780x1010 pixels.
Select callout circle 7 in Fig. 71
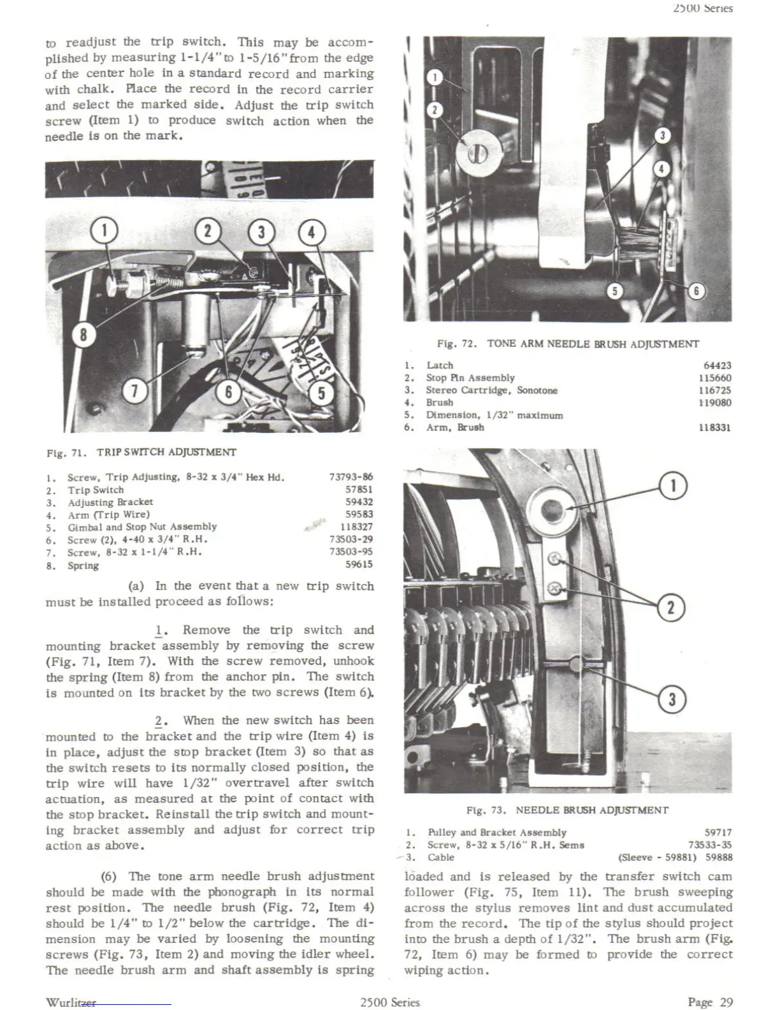[x=134, y=392]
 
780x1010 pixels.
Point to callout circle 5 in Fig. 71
[x=321, y=393]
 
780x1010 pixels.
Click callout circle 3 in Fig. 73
[x=671, y=700]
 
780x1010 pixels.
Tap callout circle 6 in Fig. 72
[x=696, y=291]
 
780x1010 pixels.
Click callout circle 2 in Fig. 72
[x=434, y=110]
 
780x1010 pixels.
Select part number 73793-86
[x=350, y=477]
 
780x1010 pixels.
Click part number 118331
[x=714, y=428]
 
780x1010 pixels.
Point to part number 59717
[x=718, y=833]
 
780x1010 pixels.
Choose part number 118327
[x=356, y=527]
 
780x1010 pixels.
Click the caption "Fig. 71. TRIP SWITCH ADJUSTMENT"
[x=141, y=453]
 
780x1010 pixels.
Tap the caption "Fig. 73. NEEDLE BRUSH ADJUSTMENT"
[x=567, y=810]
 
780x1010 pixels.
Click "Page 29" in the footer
[x=710, y=1002]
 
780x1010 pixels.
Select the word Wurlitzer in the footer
[x=71, y=1002]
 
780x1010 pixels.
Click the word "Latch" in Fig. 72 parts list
[x=440, y=365]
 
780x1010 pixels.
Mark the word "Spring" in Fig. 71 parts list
[x=83, y=566]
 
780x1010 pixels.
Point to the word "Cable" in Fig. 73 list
[x=441, y=858]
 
